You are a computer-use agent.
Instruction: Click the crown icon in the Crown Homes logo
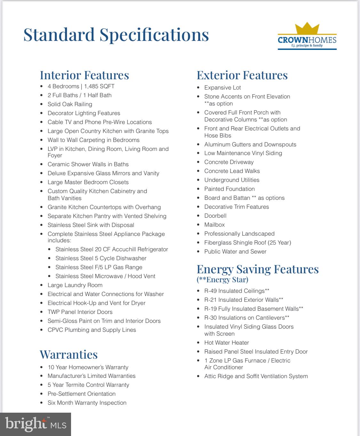pyautogui.click(x=307, y=28)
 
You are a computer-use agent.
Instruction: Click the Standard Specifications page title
pyautogui.click(x=116, y=35)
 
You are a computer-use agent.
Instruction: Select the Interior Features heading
pyautogui.click(x=84, y=75)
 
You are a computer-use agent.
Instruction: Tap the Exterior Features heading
pyautogui.click(x=242, y=75)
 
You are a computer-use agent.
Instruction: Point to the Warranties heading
pyautogui.click(x=68, y=354)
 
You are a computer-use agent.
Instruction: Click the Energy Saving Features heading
pyautogui.click(x=257, y=269)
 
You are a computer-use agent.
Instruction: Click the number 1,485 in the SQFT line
pyautogui.click(x=92, y=86)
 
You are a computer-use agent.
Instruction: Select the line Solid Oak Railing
pyautogui.click(x=70, y=104)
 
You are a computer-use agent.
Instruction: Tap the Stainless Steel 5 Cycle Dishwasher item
pyautogui.click(x=101, y=258)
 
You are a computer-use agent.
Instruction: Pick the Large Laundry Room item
pyautogui.click(x=75, y=285)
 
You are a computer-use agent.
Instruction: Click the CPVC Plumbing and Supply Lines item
pyautogui.click(x=92, y=330)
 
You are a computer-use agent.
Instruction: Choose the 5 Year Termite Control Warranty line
pyautogui.click(x=88, y=385)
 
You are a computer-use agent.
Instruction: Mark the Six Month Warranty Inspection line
pyautogui.click(x=87, y=403)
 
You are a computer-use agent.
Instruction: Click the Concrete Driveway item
pyautogui.click(x=229, y=162)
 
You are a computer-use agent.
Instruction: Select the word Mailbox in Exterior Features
pyautogui.click(x=214, y=225)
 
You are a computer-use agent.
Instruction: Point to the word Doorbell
pyautogui.click(x=215, y=216)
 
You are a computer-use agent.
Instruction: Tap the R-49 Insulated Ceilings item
pyautogui.click(x=236, y=291)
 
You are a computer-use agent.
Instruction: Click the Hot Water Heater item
pyautogui.click(x=227, y=343)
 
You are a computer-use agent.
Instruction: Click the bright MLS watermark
pyautogui.click(x=36, y=424)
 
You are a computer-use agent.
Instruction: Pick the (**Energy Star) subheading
pyautogui.click(x=222, y=280)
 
